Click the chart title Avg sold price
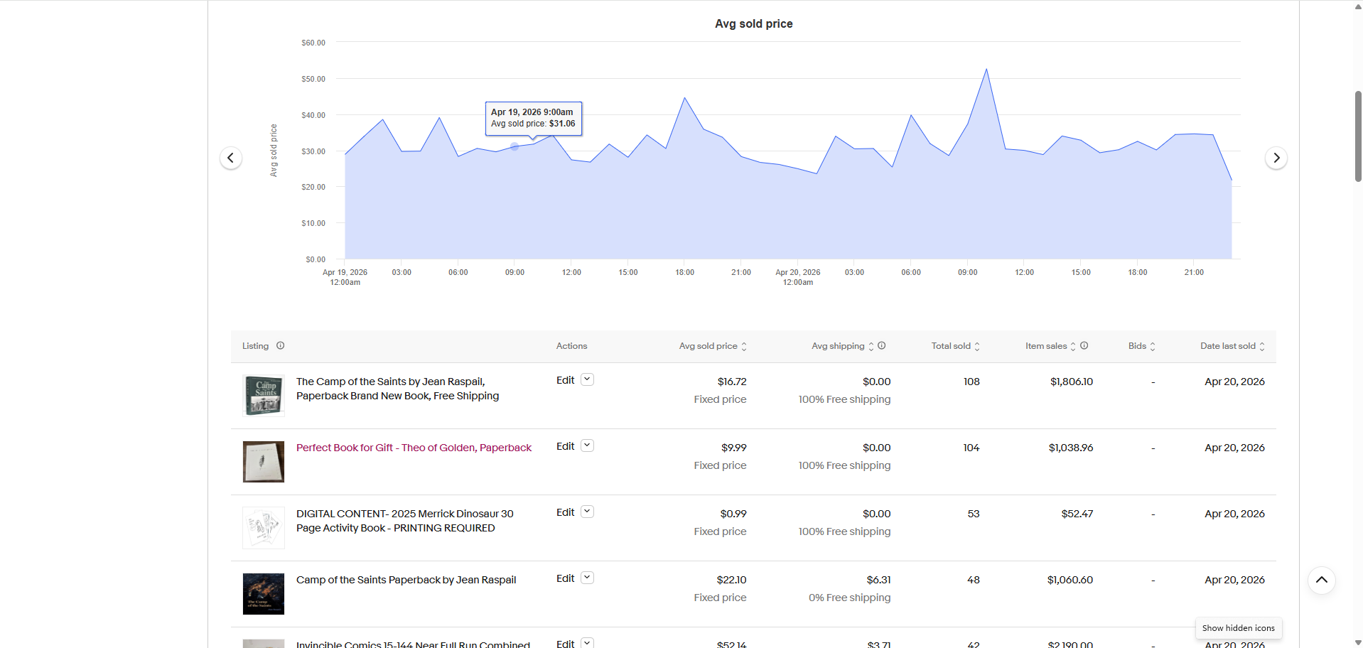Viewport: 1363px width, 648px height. coord(753,24)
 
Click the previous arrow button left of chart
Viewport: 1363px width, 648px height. coord(230,158)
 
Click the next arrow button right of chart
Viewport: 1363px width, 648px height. coord(1276,158)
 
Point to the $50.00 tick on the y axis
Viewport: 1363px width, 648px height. coord(313,79)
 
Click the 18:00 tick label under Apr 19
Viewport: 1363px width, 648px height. coord(684,273)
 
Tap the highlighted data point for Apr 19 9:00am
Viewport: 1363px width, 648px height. coord(515,146)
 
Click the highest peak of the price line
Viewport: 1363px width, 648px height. coord(986,70)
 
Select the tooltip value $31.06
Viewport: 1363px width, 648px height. coord(562,124)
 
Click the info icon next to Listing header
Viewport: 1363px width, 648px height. coord(281,346)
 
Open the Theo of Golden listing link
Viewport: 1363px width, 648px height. coord(414,448)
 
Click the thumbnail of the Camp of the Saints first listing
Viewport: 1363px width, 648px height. coord(264,396)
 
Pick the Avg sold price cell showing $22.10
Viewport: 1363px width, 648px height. coord(731,580)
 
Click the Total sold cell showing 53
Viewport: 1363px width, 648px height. coord(973,514)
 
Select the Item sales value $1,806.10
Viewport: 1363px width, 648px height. coord(1071,382)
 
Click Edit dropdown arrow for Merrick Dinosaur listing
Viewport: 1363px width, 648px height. coord(587,512)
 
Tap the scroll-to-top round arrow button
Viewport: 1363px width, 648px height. coord(1321,580)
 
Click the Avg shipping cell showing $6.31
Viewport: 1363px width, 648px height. coord(878,580)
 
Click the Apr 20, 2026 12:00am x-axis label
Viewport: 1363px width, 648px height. coord(797,277)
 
